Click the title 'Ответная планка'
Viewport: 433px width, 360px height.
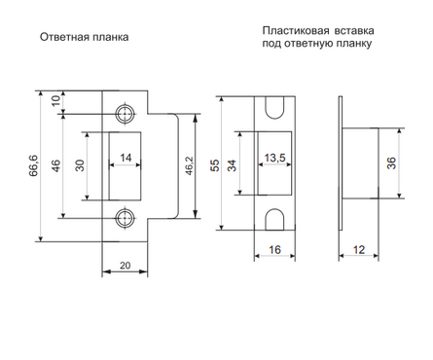85,39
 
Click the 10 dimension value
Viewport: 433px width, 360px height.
57,99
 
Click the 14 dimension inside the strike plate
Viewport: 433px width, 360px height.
126,157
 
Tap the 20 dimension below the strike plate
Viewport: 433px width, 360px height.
125,265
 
